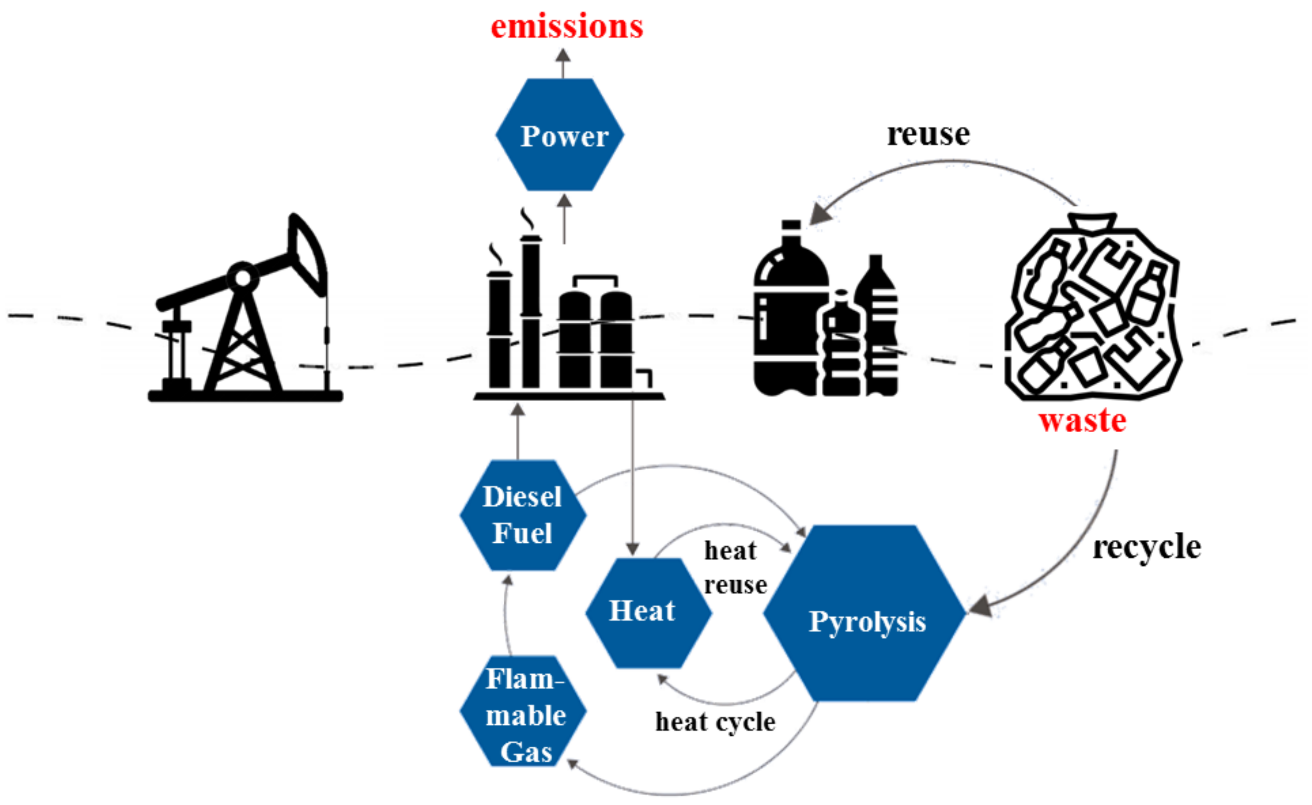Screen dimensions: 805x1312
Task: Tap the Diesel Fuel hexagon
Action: coord(523,515)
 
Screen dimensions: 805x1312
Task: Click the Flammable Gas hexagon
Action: coord(523,711)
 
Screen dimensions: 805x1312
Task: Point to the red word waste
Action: coord(1082,420)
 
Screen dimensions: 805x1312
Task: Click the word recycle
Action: coord(1146,547)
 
